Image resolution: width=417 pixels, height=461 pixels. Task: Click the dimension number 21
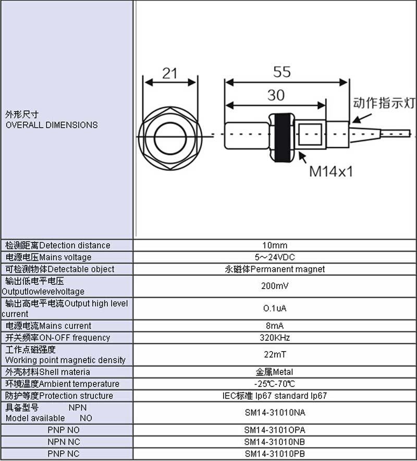[170, 73]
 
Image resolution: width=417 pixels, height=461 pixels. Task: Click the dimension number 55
[282, 72]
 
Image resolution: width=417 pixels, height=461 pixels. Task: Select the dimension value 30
[276, 95]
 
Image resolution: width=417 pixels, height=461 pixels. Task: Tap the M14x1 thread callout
[331, 171]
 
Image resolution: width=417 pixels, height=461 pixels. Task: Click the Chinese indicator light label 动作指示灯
[384, 103]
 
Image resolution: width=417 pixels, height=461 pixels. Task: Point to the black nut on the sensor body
[282, 138]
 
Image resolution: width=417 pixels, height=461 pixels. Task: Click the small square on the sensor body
[310, 134]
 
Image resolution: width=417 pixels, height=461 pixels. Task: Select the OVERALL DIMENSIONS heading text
[52, 125]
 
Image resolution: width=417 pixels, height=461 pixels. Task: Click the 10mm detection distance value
[275, 245]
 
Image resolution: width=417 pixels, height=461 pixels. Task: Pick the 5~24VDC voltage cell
[275, 257]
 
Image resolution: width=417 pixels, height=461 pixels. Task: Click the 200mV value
[275, 286]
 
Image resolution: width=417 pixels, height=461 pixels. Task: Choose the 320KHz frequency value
[275, 338]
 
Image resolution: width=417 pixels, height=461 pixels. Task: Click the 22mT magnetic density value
[275, 355]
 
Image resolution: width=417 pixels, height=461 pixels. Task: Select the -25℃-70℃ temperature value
[275, 384]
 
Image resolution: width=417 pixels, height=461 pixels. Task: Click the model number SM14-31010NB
[275, 442]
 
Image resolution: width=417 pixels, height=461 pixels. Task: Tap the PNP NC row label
[64, 454]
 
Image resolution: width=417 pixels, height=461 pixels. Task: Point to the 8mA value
[275, 326]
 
